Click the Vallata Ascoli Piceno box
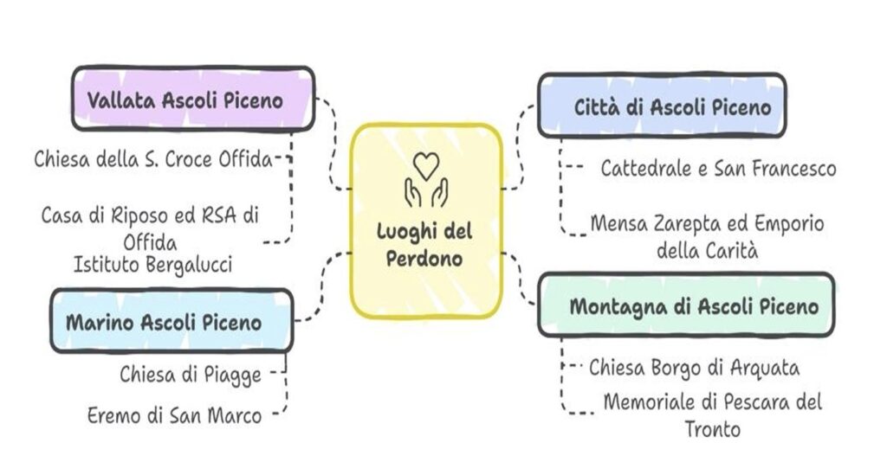pos(192,99)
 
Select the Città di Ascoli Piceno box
pos(662,106)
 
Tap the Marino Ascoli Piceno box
pos(170,321)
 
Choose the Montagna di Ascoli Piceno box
pos(686,305)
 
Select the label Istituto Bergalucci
pos(152,265)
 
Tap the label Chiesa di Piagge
pos(191,374)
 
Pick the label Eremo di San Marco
pos(175,415)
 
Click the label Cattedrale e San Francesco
pos(718,169)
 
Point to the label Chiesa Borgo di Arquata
pos(694,368)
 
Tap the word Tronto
pos(712,428)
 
